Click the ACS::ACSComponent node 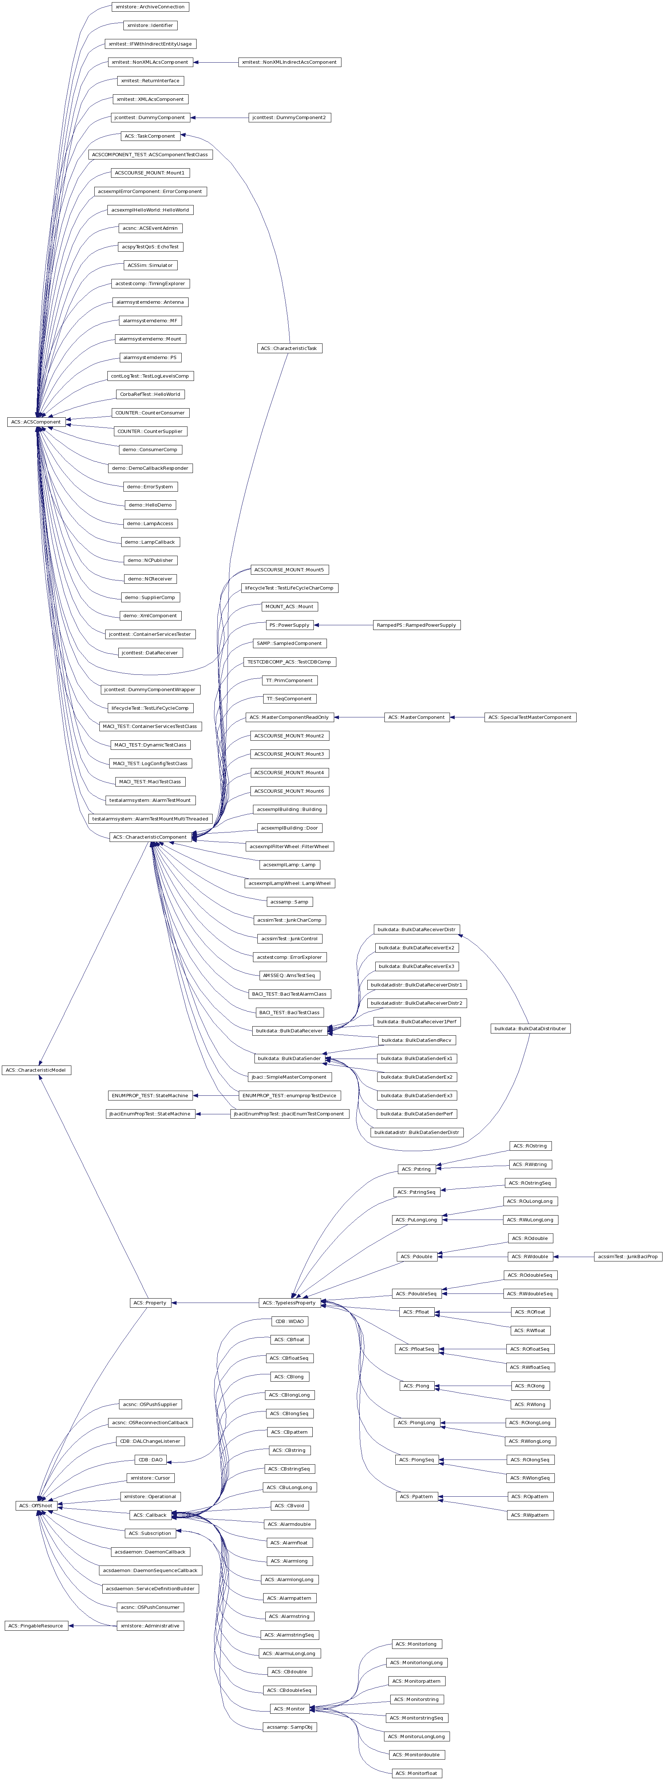click(x=36, y=421)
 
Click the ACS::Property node click(x=151, y=1303)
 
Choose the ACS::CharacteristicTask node click(x=289, y=348)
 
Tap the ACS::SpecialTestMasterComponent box click(x=530, y=717)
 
